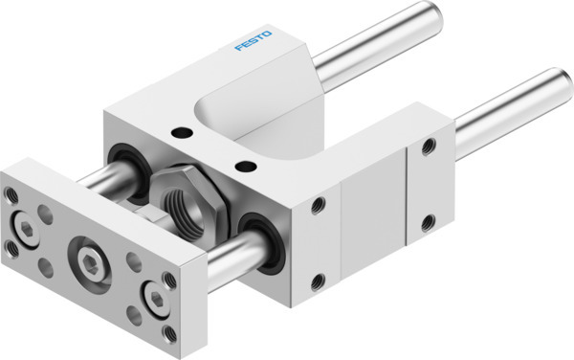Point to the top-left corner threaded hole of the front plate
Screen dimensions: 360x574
click(x=11, y=195)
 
